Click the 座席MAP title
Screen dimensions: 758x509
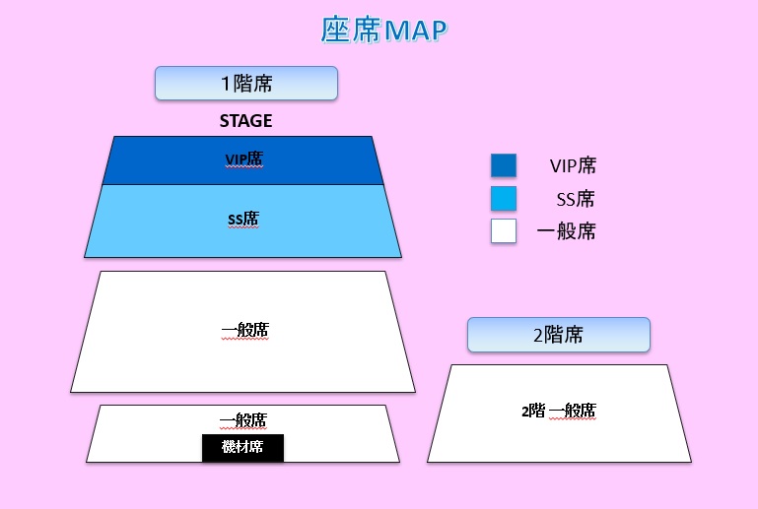tap(384, 30)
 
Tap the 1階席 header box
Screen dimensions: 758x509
tap(246, 84)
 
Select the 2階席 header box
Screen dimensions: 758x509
tap(559, 335)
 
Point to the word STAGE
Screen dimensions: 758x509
tap(246, 121)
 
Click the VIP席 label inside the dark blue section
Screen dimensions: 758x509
tap(244, 159)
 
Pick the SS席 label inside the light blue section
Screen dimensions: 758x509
tap(243, 219)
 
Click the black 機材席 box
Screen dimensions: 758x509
tap(242, 448)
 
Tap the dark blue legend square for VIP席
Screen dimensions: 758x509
tap(504, 165)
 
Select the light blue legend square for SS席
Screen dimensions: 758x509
tap(504, 199)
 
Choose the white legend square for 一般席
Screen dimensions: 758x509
tap(504, 230)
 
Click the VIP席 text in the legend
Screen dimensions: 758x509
tap(573, 165)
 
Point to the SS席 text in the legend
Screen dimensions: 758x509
tap(576, 199)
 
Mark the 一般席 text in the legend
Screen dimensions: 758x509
tap(566, 231)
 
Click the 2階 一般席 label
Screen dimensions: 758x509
tap(559, 411)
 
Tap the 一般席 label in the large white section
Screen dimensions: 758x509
tap(245, 331)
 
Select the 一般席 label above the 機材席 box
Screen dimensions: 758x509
tap(243, 420)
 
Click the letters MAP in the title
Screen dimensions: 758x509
tap(416, 31)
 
